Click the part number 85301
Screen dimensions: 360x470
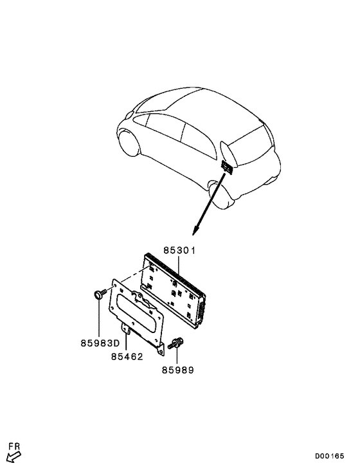(x=179, y=250)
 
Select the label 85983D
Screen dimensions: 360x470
(x=100, y=343)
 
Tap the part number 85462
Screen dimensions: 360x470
(x=127, y=357)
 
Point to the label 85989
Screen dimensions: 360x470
(x=178, y=370)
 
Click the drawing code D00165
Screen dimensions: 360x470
(x=329, y=456)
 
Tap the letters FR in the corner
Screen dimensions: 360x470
(x=14, y=447)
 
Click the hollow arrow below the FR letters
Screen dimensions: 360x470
(x=14, y=457)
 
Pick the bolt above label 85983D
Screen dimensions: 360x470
(x=100, y=293)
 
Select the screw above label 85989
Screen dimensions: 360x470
(x=176, y=343)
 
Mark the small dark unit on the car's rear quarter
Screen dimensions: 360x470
(x=227, y=167)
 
